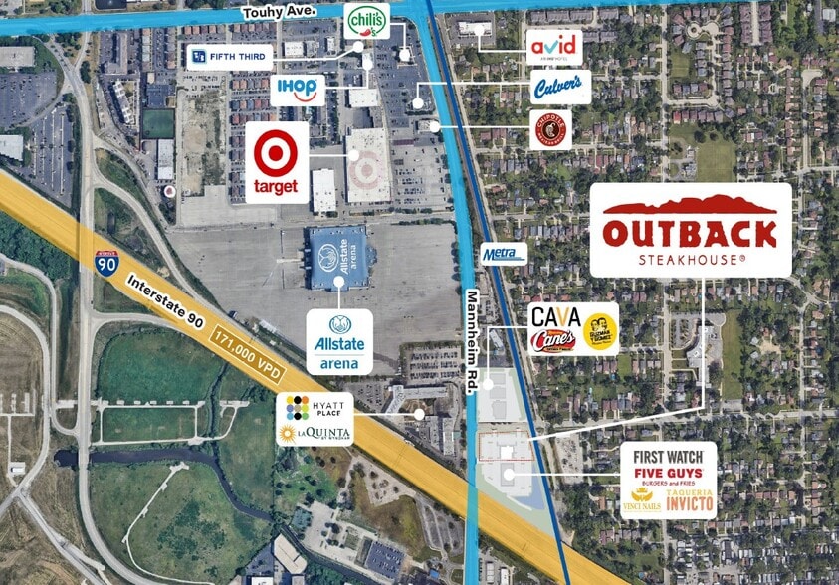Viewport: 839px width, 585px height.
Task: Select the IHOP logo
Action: point(298,90)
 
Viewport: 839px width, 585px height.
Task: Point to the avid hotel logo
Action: point(553,46)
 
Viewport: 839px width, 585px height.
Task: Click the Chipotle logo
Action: point(550,130)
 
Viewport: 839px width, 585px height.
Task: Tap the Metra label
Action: point(504,254)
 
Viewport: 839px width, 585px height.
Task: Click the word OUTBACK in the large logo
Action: point(690,234)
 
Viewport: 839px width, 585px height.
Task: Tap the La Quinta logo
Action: point(303,433)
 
